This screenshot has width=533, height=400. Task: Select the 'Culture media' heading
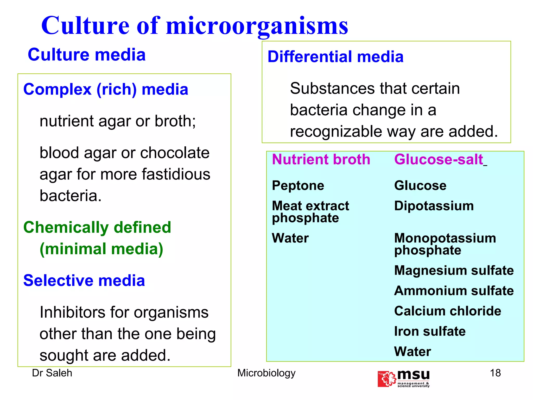(x=87, y=55)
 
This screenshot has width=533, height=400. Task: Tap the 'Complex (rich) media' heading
(x=106, y=89)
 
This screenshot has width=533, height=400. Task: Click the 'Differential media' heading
(x=335, y=57)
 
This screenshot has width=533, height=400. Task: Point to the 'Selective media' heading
(x=84, y=280)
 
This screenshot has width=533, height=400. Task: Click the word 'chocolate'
(x=175, y=153)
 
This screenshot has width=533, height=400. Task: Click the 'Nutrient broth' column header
(x=321, y=159)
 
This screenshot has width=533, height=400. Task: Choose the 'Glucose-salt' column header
(x=439, y=159)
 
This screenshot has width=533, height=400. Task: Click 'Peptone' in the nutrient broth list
(x=298, y=185)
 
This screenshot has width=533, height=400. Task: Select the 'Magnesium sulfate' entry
(x=454, y=270)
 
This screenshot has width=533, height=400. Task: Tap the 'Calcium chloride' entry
(x=448, y=311)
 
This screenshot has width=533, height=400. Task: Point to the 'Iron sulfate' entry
(x=430, y=331)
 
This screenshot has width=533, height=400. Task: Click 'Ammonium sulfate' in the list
(x=454, y=291)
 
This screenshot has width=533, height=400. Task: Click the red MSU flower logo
(x=387, y=379)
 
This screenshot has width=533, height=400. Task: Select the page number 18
(x=495, y=373)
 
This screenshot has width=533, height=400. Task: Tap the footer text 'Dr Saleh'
(x=52, y=373)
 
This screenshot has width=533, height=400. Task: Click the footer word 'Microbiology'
(x=266, y=373)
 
